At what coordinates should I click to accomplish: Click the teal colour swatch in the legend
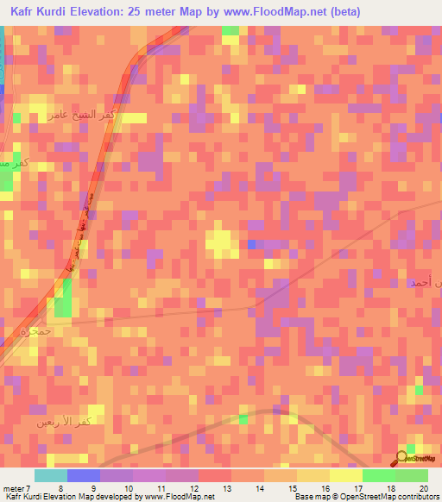tap(50, 475)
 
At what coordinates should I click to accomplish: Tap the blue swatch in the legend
tap(83, 475)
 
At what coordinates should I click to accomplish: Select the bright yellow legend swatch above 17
tap(345, 475)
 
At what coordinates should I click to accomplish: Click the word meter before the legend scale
tap(14, 488)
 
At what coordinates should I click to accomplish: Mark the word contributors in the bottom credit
tap(416, 498)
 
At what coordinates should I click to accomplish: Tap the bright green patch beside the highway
tap(62, 303)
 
